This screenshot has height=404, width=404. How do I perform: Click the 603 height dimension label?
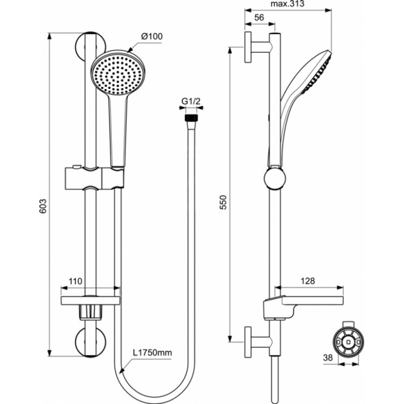(x=43, y=206)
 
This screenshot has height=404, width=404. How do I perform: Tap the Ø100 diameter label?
(x=152, y=36)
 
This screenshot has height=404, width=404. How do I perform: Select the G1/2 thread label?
(x=191, y=102)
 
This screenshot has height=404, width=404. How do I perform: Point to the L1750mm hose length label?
(x=153, y=352)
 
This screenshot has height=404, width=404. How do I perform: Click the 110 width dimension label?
(x=75, y=281)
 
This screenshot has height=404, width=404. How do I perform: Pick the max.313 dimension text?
(x=287, y=4)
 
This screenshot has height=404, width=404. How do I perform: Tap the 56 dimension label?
(x=259, y=18)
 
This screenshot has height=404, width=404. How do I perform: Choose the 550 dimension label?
(x=223, y=203)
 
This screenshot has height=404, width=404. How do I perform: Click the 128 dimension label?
(x=308, y=281)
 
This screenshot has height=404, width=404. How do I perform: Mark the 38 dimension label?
(x=328, y=358)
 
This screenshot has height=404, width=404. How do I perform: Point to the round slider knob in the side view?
(x=275, y=178)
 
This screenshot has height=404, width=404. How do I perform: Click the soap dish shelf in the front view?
(x=90, y=300)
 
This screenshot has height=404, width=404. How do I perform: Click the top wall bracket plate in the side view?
(x=248, y=47)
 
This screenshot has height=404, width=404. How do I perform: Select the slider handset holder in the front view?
(x=94, y=178)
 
